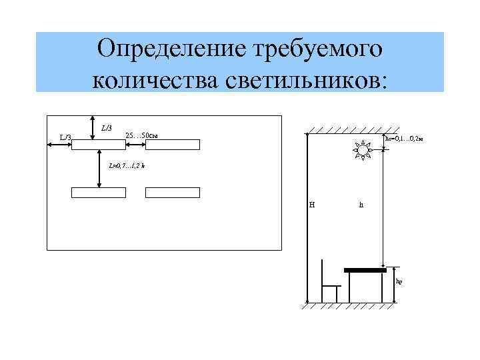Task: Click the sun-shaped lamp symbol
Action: (363, 151)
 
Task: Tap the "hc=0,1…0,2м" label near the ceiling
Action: (405, 139)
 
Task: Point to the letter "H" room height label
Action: (312, 205)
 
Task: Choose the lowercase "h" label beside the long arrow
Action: (361, 205)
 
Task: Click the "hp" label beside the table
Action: (399, 281)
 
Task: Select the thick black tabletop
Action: (365, 270)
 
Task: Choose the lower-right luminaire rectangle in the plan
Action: (173, 193)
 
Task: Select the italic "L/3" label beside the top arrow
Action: (107, 127)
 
